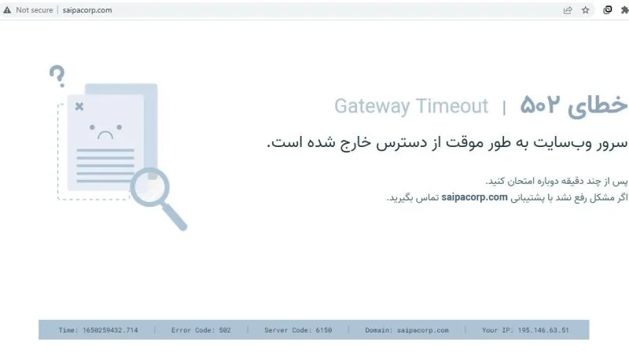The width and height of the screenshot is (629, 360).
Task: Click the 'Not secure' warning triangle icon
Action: (x=7, y=10)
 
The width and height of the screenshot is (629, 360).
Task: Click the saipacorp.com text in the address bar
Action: (x=87, y=10)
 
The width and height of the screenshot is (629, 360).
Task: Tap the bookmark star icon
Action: (x=586, y=10)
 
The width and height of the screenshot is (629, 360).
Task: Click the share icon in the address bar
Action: (x=568, y=10)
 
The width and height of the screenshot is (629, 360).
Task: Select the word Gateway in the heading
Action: (x=372, y=107)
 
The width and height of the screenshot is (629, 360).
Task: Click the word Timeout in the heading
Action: (x=453, y=106)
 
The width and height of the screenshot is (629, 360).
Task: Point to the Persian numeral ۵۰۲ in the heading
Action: (x=539, y=105)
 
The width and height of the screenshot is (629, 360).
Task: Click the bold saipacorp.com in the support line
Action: (x=475, y=197)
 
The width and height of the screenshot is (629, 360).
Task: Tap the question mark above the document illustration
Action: (x=57, y=75)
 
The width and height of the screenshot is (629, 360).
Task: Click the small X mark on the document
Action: (x=79, y=106)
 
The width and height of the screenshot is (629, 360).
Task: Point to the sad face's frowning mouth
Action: (x=105, y=135)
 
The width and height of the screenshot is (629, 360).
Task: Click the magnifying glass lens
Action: (x=150, y=187)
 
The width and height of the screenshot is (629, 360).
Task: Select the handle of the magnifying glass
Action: (x=175, y=217)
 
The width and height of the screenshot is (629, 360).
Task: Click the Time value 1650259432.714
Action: (x=110, y=330)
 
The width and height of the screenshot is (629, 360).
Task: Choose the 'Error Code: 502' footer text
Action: (x=201, y=330)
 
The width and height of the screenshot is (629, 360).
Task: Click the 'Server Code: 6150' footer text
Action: (x=298, y=330)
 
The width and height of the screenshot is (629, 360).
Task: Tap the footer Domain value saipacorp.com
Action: (x=423, y=330)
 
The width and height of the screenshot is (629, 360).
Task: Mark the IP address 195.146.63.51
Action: (x=543, y=330)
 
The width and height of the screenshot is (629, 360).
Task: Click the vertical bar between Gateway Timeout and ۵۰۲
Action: (x=504, y=108)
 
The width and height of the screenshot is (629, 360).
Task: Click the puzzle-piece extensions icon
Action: (x=625, y=10)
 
